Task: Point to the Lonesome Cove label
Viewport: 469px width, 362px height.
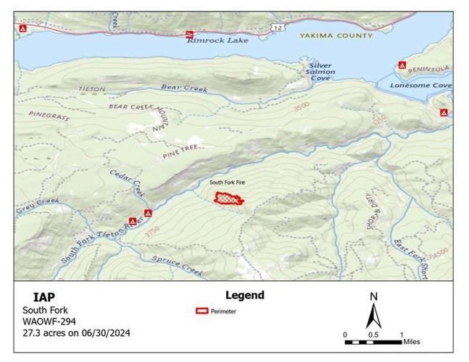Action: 421,85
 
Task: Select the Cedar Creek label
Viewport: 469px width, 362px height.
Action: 128,184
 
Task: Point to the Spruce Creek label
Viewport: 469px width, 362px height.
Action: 177,266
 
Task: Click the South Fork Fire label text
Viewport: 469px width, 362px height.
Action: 227,183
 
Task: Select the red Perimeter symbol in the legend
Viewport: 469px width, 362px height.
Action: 202,311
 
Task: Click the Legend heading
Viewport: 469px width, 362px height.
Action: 244,295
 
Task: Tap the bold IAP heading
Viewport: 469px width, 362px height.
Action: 43,297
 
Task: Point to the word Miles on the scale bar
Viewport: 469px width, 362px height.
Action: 412,342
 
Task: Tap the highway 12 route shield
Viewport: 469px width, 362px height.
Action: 278,27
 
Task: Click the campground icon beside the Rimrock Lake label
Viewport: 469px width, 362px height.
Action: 190,33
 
